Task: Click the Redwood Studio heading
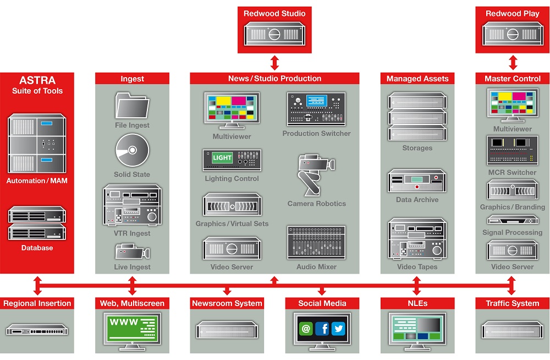tap(274, 13)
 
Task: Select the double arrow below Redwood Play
tap(513, 63)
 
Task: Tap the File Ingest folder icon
tap(132, 105)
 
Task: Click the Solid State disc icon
tap(132, 150)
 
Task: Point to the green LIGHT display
tap(222, 157)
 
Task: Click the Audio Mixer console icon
tap(316, 242)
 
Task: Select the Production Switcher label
tap(316, 133)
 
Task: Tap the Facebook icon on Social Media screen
tap(322, 329)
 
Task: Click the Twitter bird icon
tap(338, 329)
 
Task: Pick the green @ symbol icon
tap(306, 329)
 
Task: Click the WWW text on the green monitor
tap(124, 321)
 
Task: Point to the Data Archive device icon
tap(417, 181)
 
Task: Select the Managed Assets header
tap(417, 79)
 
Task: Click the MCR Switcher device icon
tap(513, 150)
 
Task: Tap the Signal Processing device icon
tap(513, 220)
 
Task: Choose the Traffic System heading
tap(513, 303)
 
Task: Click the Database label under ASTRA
tap(37, 248)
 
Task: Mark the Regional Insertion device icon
tap(37, 330)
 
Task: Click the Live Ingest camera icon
tap(133, 252)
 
